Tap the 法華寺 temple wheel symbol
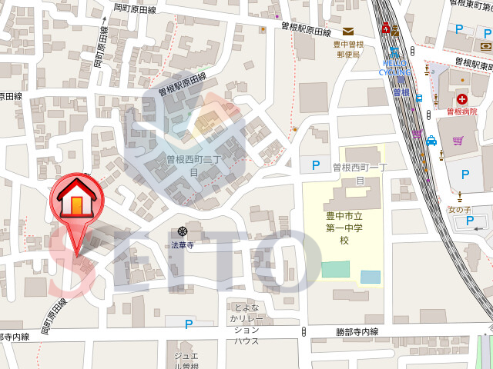click(x=183, y=231)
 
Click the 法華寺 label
click(x=183, y=246)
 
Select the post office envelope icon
click(x=348, y=32)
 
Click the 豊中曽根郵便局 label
click(x=348, y=49)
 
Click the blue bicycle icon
click(x=394, y=52)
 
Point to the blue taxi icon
click(x=431, y=141)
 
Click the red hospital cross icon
click(x=461, y=98)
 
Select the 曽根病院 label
click(x=462, y=112)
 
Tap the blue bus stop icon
click(x=419, y=98)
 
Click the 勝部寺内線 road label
click(x=357, y=331)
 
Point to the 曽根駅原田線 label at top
click(x=305, y=32)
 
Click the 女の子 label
click(x=459, y=210)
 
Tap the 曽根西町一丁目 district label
click(x=358, y=173)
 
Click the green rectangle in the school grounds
click(x=334, y=270)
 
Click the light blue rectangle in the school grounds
click(x=370, y=277)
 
